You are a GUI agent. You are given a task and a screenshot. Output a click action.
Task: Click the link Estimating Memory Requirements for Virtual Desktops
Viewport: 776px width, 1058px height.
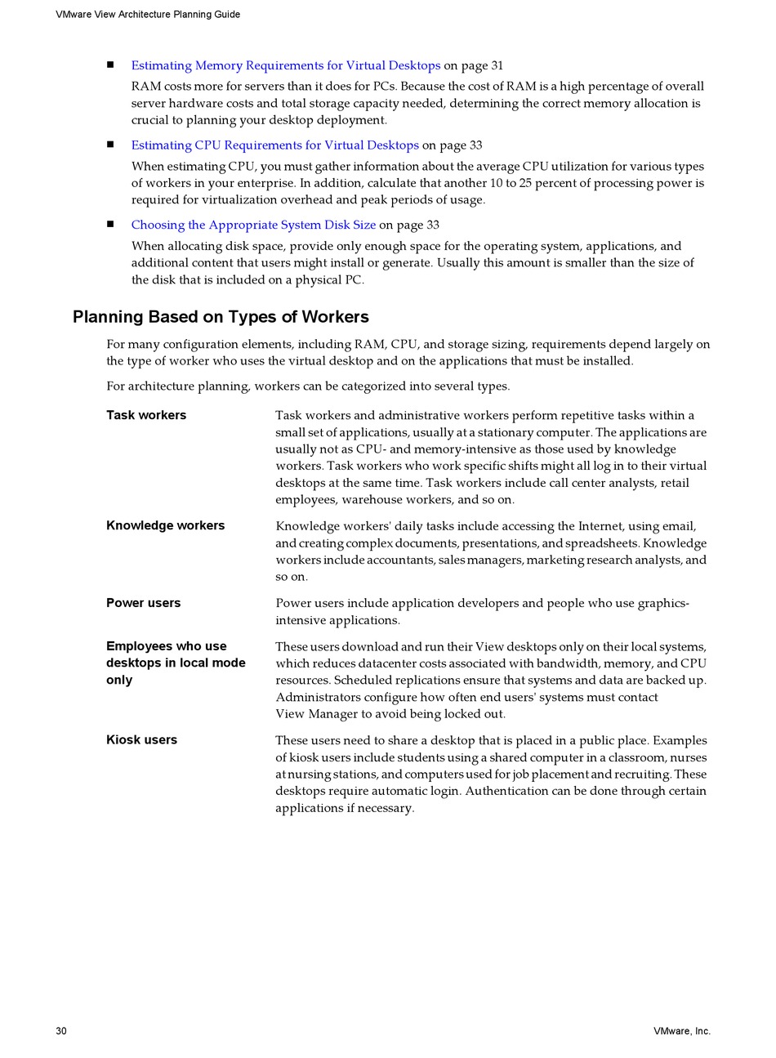click(285, 65)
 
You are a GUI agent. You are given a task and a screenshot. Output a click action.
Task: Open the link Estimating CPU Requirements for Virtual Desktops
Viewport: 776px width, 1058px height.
click(274, 145)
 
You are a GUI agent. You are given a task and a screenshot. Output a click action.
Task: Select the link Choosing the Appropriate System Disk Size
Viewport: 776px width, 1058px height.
click(253, 225)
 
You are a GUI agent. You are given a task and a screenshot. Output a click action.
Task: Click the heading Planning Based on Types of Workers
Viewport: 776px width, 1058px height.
click(221, 317)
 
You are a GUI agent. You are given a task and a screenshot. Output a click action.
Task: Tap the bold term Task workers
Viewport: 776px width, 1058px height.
click(146, 415)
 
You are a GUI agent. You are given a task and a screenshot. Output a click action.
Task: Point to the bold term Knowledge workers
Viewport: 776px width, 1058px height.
click(165, 525)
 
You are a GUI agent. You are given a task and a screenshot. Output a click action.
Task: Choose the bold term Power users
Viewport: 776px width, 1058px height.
click(143, 603)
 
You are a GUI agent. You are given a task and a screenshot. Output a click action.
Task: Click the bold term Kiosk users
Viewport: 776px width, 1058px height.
click(141, 739)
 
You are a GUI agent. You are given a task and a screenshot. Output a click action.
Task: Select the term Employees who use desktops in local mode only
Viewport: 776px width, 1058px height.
click(176, 663)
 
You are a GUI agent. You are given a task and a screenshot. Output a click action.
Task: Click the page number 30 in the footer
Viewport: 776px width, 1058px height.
click(61, 1031)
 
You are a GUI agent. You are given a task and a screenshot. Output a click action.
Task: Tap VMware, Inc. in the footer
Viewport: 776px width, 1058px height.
click(681, 1031)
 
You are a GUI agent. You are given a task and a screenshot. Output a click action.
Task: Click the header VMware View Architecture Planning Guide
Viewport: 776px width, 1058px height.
click(148, 15)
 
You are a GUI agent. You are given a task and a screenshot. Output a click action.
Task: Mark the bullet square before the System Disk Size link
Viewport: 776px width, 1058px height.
click(110, 225)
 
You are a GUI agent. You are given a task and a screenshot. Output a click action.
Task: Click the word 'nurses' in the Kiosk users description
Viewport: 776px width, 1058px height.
click(688, 757)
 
